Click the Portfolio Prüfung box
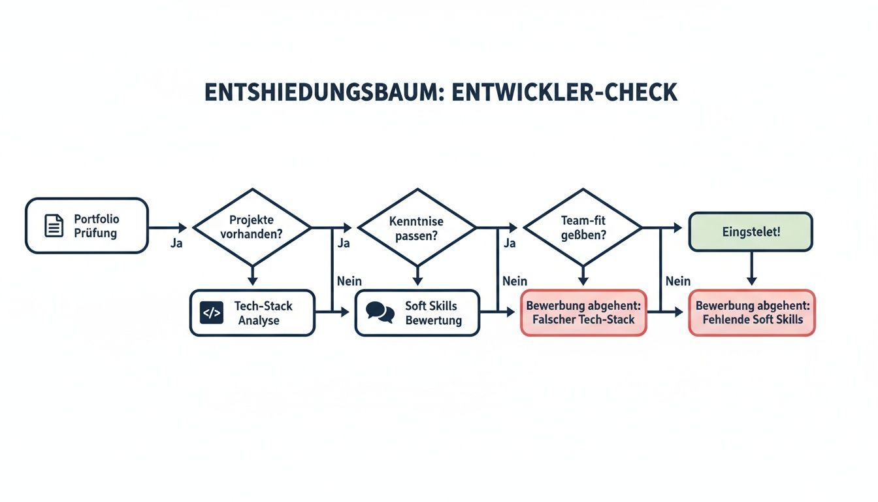click(x=87, y=226)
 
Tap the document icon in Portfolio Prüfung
click(x=54, y=226)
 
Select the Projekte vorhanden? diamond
click(x=252, y=227)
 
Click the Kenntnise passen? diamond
click(x=417, y=227)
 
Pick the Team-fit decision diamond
click(x=583, y=227)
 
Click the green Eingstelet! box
click(x=751, y=231)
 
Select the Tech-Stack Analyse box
click(x=252, y=313)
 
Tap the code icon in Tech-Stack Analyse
click(x=211, y=313)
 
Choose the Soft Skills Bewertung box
click(x=417, y=313)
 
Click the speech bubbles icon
click(x=380, y=311)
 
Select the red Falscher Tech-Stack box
click(x=583, y=313)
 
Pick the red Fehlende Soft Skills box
click(x=752, y=313)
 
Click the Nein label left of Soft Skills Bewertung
click(x=350, y=281)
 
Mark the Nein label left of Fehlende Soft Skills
click(x=677, y=281)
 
